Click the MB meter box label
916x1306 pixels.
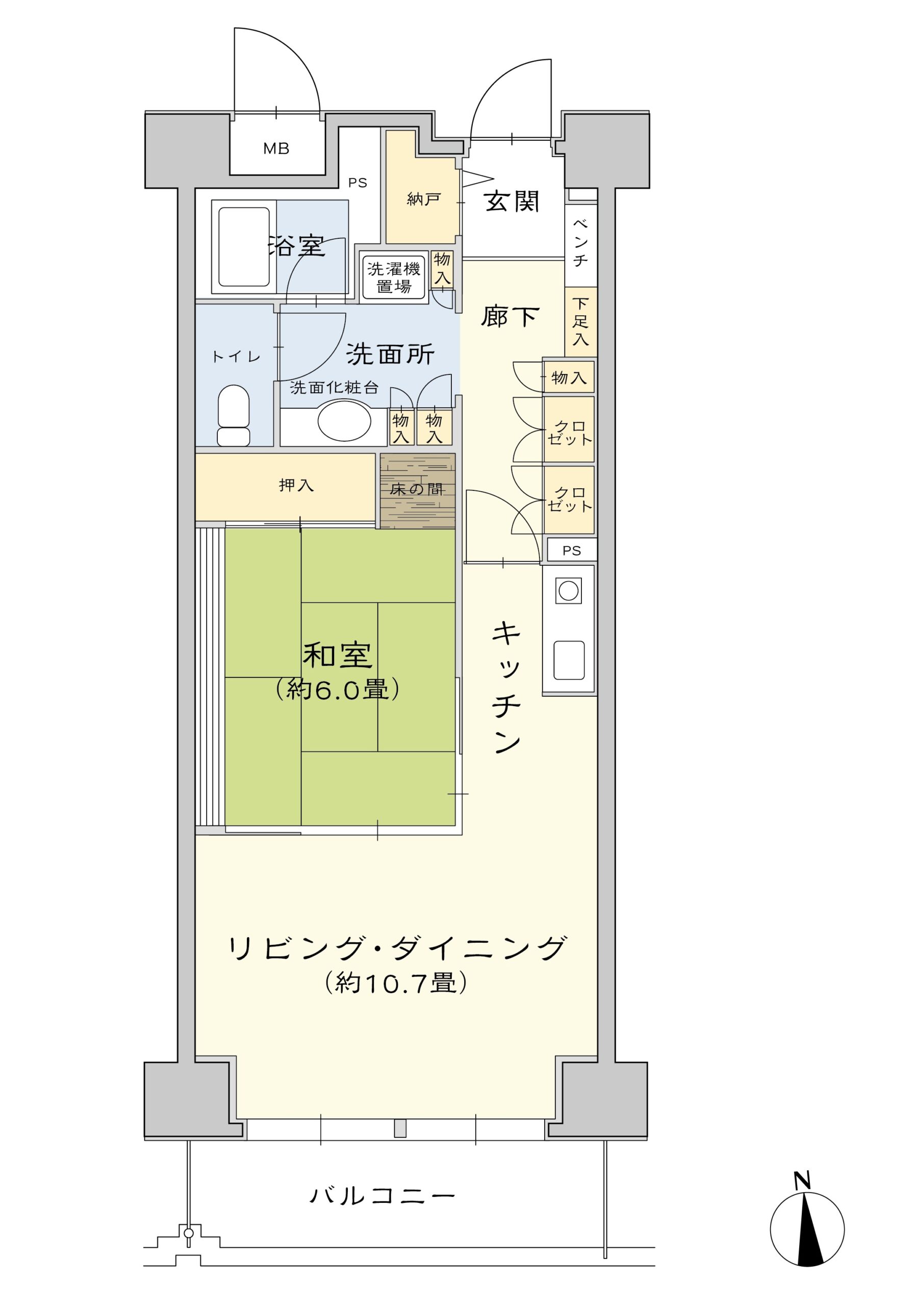click(x=276, y=149)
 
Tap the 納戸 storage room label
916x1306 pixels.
click(x=424, y=199)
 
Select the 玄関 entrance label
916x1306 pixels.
click(x=512, y=202)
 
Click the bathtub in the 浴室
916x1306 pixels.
click(x=244, y=247)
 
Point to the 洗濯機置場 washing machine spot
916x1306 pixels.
click(x=393, y=278)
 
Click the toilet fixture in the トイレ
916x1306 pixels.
click(x=234, y=415)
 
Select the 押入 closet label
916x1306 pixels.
click(x=296, y=485)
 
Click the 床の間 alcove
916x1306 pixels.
click(x=417, y=490)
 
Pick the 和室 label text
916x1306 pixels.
click(x=337, y=655)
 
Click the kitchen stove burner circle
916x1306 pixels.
click(x=568, y=591)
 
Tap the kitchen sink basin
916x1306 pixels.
click(x=569, y=660)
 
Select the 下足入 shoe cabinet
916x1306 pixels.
click(x=580, y=321)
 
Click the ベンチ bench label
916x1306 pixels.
click(x=580, y=242)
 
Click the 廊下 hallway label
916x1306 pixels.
click(x=510, y=316)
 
